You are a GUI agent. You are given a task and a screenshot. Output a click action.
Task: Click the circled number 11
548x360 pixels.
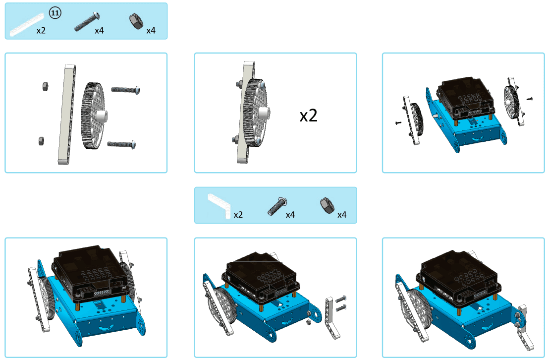pyautogui.click(x=55, y=13)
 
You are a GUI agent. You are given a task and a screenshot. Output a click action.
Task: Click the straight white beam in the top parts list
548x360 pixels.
pyautogui.click(x=27, y=25)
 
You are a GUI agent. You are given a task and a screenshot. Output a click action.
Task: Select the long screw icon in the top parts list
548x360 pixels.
pyautogui.click(x=87, y=22)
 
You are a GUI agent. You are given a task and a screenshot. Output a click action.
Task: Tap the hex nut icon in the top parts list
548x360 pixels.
pyautogui.click(x=136, y=21)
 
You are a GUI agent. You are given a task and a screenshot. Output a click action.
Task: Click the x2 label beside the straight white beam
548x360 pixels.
pyautogui.click(x=41, y=30)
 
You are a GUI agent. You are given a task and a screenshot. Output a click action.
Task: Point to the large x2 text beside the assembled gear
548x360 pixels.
pyautogui.click(x=308, y=116)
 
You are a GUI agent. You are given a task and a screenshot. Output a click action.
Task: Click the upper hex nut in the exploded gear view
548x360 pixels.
pyautogui.click(x=45, y=86)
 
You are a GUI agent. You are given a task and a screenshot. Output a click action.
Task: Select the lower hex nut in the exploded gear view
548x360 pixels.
pyautogui.click(x=41, y=141)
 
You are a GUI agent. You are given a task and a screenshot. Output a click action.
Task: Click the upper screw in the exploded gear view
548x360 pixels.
pyautogui.click(x=126, y=90)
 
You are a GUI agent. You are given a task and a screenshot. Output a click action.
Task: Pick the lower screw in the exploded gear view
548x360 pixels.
pyautogui.click(x=121, y=144)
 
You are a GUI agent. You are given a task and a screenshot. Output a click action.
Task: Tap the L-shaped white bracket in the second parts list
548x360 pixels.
pyautogui.click(x=219, y=206)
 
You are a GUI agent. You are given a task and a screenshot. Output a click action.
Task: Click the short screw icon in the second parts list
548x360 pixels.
pyautogui.click(x=277, y=206)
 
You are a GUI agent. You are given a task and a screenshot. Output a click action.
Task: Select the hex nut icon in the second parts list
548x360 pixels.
pyautogui.click(x=328, y=205)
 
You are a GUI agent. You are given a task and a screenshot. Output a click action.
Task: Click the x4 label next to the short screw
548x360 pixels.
pyautogui.click(x=290, y=215)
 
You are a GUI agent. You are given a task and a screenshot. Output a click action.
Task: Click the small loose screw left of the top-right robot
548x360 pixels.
pyautogui.click(x=398, y=123)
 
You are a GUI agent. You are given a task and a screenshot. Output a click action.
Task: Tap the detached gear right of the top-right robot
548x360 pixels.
pyautogui.click(x=514, y=101)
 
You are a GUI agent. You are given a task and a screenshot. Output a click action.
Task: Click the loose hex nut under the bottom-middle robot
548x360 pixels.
pyautogui.click(x=309, y=322)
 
